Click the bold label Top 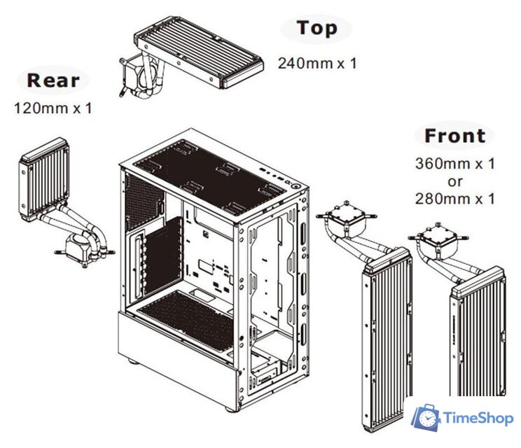pos(317,29)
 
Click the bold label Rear pos(53,80)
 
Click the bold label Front pos(454,135)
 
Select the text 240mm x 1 pos(317,63)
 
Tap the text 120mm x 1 pos(53,108)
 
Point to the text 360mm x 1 pos(455,164)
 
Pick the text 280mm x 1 pos(455,199)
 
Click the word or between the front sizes pos(455,182)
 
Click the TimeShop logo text pos(480,418)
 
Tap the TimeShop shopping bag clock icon pos(426,418)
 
